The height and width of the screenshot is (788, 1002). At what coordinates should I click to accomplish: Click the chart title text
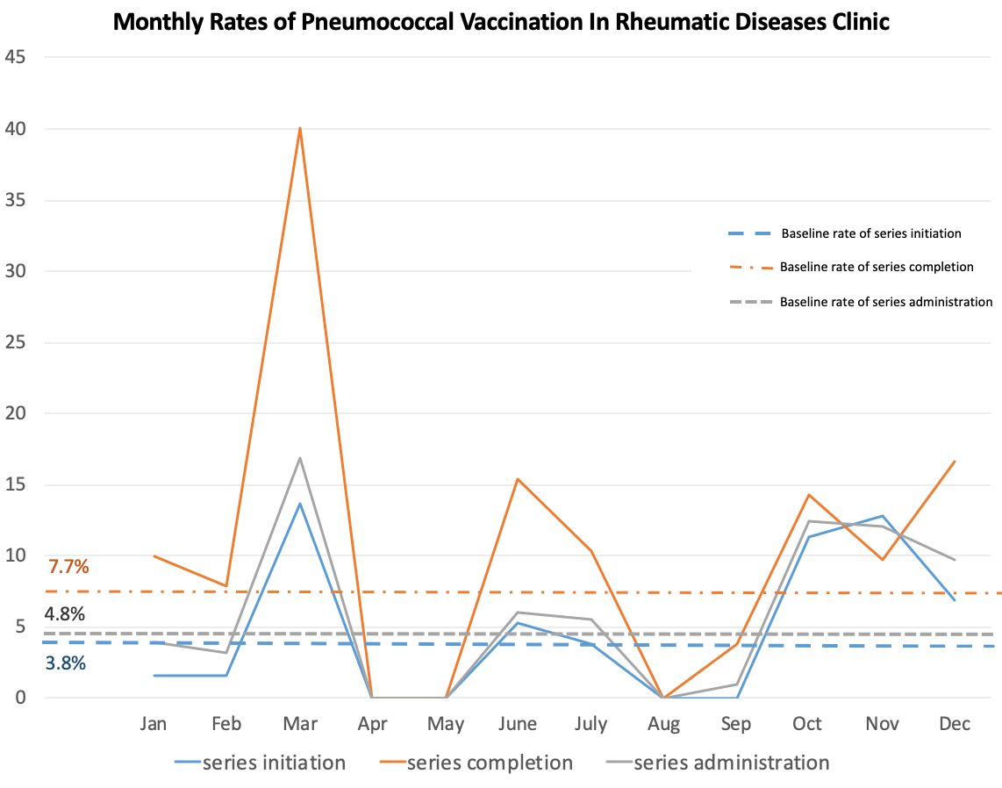click(x=501, y=22)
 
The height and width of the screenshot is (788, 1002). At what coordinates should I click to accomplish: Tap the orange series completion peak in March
click(x=300, y=128)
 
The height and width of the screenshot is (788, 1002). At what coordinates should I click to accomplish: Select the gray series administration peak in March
click(x=300, y=457)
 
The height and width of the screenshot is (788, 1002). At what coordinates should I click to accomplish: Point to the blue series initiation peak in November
click(x=883, y=516)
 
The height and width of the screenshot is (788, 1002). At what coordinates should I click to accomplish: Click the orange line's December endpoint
click(x=955, y=461)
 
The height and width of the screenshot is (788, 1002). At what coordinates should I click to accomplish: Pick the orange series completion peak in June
click(x=518, y=479)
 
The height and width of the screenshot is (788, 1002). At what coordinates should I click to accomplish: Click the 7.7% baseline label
click(x=68, y=567)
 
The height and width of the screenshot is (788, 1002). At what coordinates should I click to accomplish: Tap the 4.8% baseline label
click(x=65, y=614)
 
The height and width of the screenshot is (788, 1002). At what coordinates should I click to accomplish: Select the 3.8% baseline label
click(x=65, y=663)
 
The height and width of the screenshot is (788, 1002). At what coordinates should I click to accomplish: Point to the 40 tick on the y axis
click(x=15, y=129)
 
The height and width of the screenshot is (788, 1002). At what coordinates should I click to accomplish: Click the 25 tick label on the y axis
click(x=15, y=342)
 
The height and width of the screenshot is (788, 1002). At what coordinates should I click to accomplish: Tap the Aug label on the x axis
click(x=663, y=724)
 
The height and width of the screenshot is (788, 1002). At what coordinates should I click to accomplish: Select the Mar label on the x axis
click(x=300, y=723)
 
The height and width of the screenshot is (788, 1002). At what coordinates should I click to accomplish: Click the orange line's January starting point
click(x=154, y=556)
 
